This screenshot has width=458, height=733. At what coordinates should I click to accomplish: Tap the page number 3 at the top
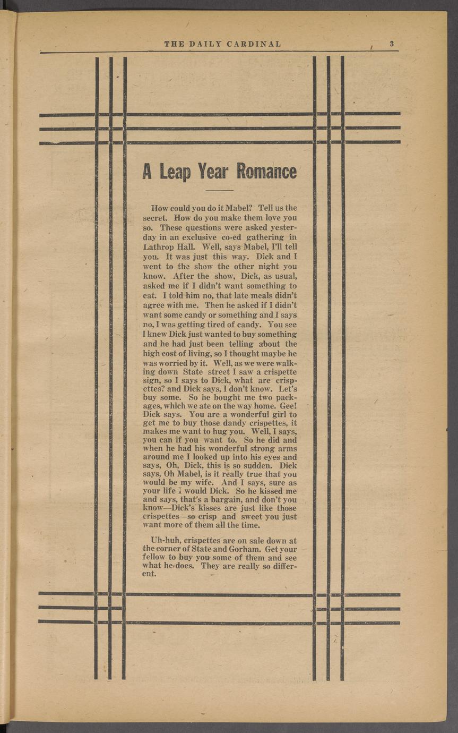[391, 44]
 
